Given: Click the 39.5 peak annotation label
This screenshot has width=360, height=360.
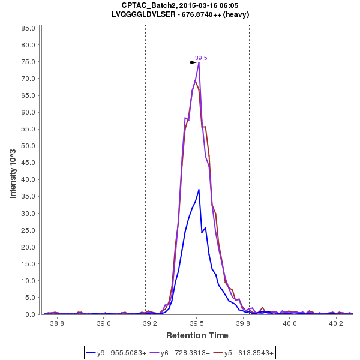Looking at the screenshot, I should (x=201, y=58).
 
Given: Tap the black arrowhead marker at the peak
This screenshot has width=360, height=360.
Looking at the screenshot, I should (x=193, y=62).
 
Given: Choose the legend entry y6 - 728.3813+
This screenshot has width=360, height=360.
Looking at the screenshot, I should (x=185, y=353).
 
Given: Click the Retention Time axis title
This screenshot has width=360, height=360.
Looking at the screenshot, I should (x=197, y=335).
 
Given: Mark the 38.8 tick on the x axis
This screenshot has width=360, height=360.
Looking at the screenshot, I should (x=57, y=323).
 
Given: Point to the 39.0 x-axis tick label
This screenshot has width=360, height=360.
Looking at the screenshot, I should (x=104, y=323).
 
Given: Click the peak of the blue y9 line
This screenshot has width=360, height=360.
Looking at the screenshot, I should (x=199, y=190).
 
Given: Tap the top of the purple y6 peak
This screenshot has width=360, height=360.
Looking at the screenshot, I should (x=199, y=62).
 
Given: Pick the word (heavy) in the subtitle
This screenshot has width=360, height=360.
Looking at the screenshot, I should (x=236, y=14).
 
